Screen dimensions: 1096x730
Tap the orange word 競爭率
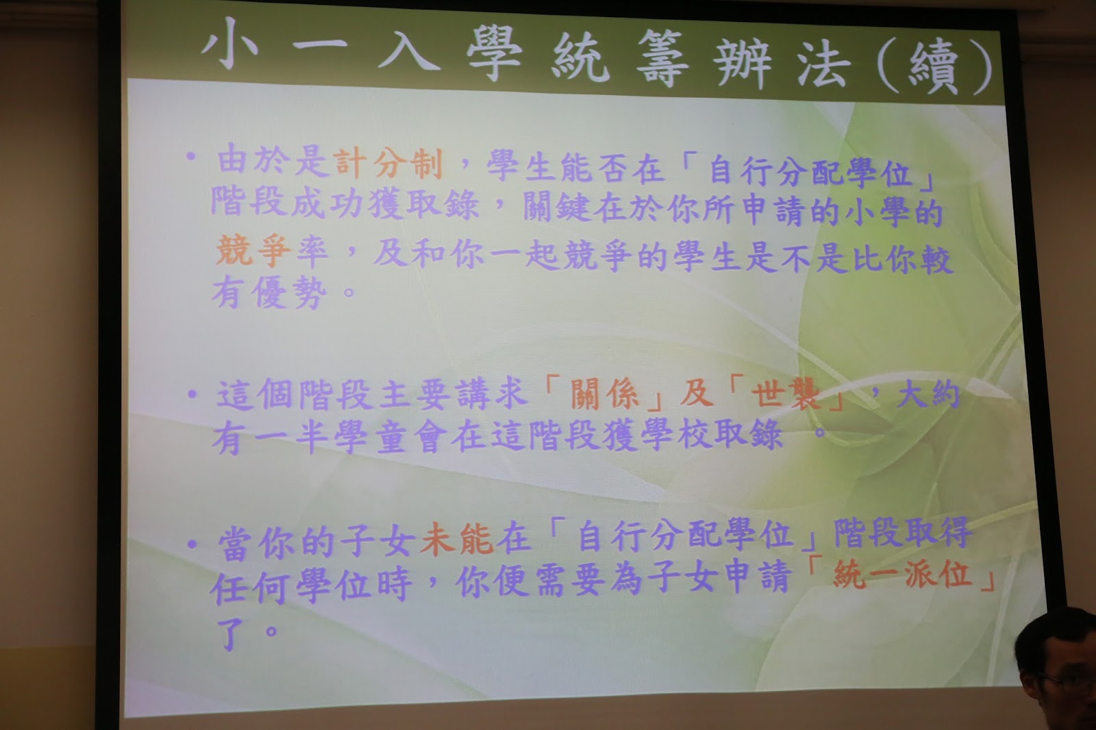(x=271, y=251)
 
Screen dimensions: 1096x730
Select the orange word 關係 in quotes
(x=604, y=394)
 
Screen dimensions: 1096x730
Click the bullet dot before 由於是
(x=191, y=157)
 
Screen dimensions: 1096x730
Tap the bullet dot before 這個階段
(x=192, y=394)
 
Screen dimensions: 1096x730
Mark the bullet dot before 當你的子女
(x=192, y=544)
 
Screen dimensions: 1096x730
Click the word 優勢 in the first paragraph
(x=289, y=292)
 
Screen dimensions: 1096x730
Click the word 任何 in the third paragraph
(x=250, y=586)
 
